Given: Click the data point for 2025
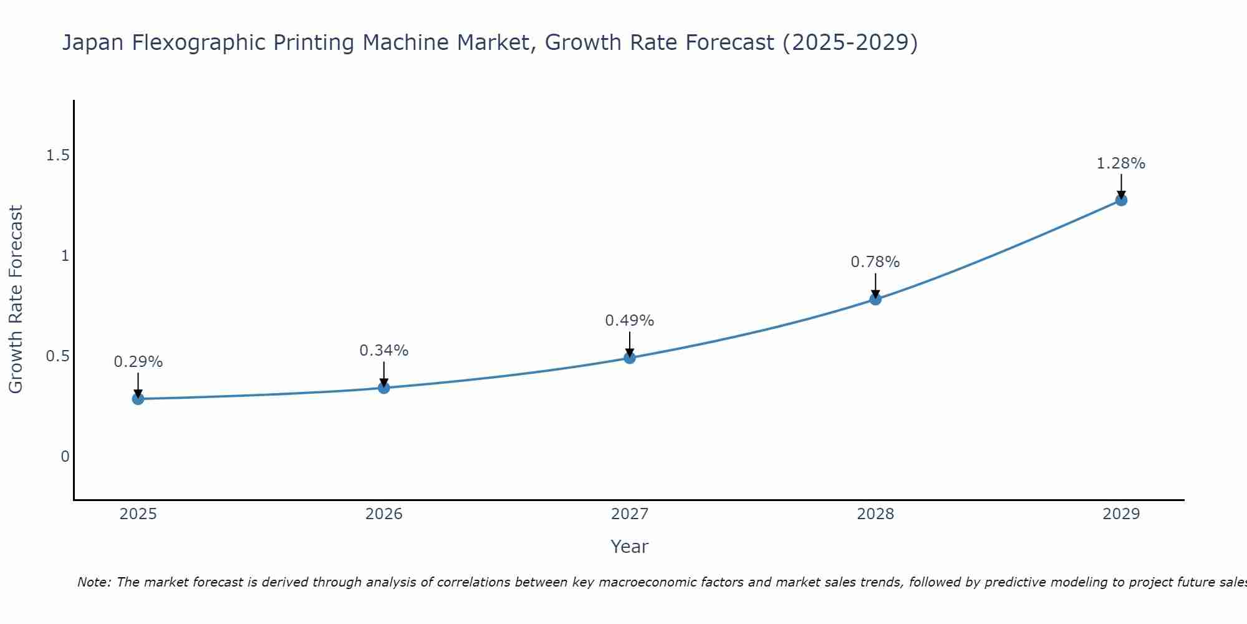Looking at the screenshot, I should click(x=138, y=399).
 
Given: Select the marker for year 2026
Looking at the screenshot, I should click(x=383, y=388).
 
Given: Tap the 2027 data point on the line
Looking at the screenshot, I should click(x=629, y=358).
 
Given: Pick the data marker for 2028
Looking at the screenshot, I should click(x=875, y=299).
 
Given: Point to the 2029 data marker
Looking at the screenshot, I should click(x=1121, y=200).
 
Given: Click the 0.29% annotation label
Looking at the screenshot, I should click(x=138, y=362).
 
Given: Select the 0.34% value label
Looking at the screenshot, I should click(x=383, y=351).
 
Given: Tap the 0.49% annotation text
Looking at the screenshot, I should click(x=629, y=321).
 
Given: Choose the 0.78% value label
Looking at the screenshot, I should click(x=875, y=262).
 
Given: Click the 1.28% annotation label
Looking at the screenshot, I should click(x=1121, y=163).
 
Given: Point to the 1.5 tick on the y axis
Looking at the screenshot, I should click(x=57, y=155).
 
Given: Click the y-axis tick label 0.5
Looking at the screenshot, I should click(x=57, y=356).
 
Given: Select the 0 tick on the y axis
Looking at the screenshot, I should click(x=65, y=457).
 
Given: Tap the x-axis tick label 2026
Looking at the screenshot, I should click(x=383, y=514).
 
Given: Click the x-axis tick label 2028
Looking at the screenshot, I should click(x=875, y=514).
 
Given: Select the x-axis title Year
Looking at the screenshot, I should click(x=629, y=547).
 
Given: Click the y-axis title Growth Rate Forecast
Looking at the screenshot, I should click(x=16, y=300).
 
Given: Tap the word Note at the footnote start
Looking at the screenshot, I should click(x=94, y=582).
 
